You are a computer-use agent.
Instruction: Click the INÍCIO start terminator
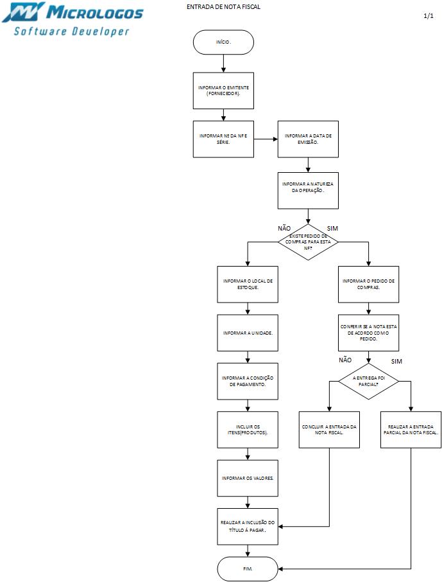point(223,42)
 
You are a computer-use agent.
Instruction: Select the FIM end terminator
point(248,569)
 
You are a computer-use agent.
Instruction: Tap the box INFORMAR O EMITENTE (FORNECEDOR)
point(223,91)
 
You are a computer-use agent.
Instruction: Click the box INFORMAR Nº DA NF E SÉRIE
point(223,139)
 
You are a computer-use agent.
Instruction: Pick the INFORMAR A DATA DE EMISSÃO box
point(308,139)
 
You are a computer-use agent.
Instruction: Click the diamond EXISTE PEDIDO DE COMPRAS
point(308,242)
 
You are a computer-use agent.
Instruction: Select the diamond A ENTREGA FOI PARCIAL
point(369,381)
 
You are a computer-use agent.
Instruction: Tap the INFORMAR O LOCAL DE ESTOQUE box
point(248,284)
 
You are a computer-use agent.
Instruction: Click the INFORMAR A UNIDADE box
point(248,333)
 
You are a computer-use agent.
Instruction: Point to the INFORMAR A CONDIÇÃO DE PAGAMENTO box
point(248,381)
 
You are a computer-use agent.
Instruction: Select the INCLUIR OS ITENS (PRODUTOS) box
point(248,429)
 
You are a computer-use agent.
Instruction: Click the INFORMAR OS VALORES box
point(248,477)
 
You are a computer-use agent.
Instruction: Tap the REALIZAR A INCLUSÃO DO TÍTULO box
point(248,527)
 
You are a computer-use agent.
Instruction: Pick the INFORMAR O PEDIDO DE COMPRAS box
point(369,284)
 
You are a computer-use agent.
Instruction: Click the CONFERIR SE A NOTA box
point(369,333)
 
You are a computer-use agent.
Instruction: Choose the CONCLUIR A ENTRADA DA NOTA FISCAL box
point(329,429)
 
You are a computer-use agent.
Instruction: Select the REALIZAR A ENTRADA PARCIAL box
point(411,429)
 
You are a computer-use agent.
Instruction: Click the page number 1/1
point(429,15)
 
